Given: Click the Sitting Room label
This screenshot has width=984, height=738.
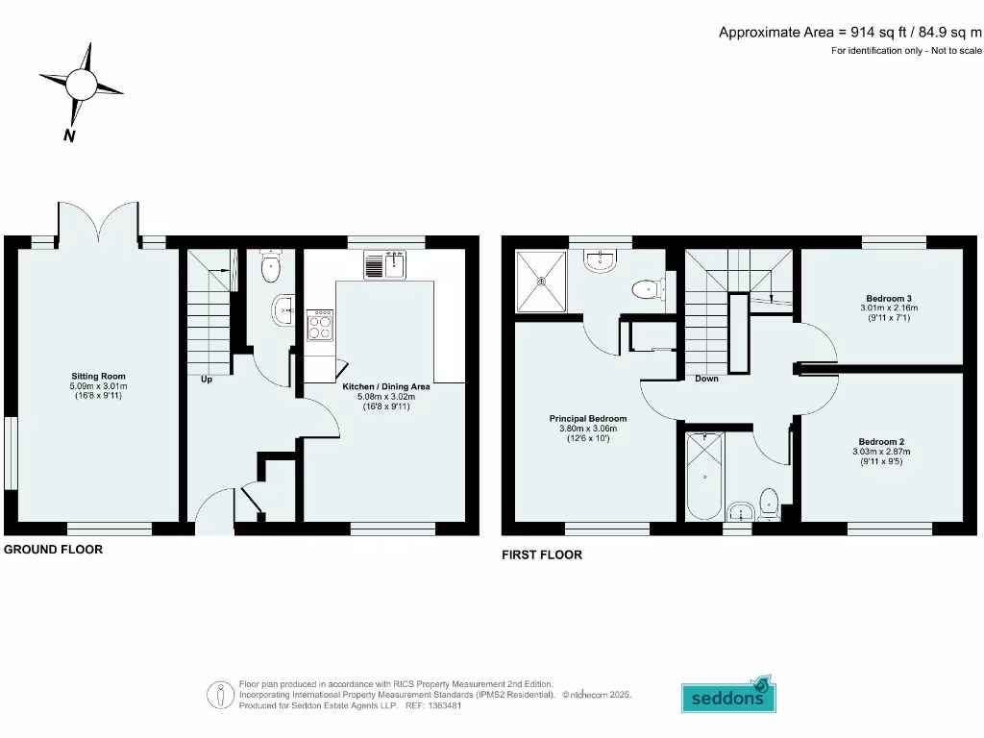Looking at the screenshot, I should [98, 376].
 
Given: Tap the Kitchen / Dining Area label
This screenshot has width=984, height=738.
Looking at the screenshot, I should [386, 386].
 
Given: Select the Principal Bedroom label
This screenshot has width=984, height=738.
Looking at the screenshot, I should [588, 419].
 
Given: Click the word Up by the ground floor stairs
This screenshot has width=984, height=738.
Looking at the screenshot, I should [206, 379].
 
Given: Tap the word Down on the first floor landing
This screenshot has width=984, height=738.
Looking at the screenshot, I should [706, 379].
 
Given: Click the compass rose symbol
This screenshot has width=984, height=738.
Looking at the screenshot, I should [81, 86].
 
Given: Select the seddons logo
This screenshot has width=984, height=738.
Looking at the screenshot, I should [728, 697].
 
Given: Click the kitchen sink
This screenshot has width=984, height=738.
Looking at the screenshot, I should [386, 261].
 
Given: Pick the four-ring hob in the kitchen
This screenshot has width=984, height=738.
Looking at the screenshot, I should [320, 325].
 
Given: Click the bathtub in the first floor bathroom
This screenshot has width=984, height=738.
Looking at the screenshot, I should [705, 475].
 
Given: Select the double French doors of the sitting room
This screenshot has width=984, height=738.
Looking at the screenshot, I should [98, 223].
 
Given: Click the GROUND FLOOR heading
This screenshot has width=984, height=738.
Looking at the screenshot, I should [53, 550].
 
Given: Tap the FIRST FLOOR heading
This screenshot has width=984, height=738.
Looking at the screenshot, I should [541, 554].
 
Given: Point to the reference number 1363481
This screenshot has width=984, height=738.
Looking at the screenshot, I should [443, 704].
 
